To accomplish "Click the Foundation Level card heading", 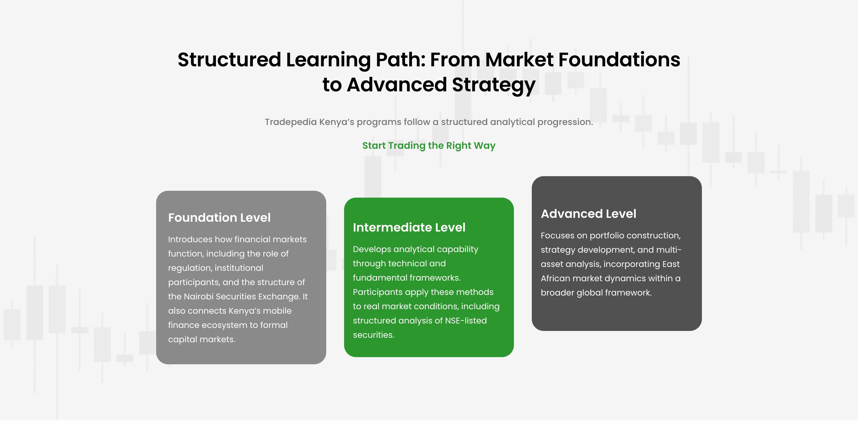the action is (x=219, y=218).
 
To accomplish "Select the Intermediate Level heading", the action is (x=409, y=228).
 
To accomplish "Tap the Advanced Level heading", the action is (x=588, y=214).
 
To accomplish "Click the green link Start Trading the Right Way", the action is (x=429, y=146).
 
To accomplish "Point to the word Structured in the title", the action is (x=229, y=60).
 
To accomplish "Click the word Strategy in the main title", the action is (x=494, y=85).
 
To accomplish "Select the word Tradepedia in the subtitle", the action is (x=291, y=122).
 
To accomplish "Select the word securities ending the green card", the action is (x=373, y=335).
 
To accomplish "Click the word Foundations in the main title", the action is (x=619, y=60).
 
